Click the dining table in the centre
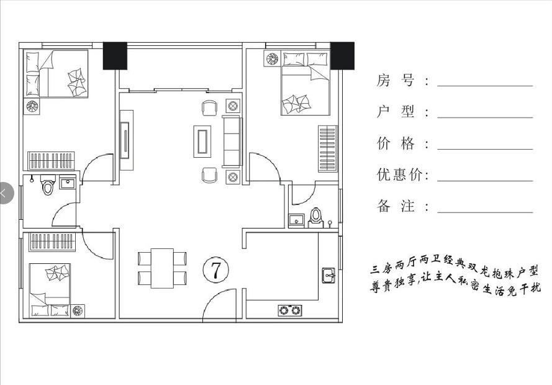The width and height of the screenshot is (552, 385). (163, 268)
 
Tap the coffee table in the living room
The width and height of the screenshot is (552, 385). (202, 141)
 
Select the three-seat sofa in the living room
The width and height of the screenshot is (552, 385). (232, 141)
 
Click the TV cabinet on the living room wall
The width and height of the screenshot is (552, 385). (126, 141)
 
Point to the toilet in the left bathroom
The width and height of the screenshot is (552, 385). (48, 184)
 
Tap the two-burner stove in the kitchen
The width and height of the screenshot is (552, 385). (290, 309)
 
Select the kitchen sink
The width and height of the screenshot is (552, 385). (328, 275)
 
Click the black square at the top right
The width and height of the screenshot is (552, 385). (342, 56)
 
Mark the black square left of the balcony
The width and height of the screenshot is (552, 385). (115, 56)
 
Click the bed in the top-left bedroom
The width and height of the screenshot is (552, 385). (56, 74)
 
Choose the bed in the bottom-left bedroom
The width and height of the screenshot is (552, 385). (50, 290)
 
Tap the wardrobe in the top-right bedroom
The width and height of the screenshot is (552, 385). (327, 148)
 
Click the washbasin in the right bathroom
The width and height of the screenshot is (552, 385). (296, 219)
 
